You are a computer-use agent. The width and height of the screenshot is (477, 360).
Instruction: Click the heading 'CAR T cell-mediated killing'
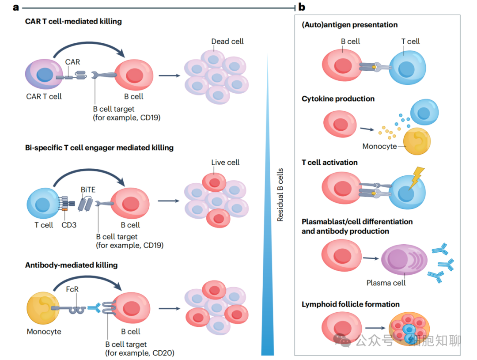tap(73, 21)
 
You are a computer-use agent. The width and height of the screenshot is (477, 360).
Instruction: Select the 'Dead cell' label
tap(227, 41)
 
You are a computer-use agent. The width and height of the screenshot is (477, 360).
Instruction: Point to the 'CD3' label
tap(69, 225)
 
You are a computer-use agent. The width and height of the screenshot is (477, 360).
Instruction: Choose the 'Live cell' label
tap(225, 163)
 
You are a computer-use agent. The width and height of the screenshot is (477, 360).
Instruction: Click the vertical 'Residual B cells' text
tap(280, 195)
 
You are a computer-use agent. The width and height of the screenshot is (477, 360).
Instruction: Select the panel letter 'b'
tap(302, 7)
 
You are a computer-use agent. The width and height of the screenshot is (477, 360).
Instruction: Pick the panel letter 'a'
tap(16, 7)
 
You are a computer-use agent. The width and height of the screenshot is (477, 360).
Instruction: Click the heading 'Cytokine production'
tap(338, 99)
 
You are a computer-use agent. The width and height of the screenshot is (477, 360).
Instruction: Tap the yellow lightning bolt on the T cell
tap(416, 176)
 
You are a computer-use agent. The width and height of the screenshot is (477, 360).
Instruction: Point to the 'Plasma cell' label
tap(386, 283)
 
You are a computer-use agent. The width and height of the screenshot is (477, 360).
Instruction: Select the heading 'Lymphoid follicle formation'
tap(351, 304)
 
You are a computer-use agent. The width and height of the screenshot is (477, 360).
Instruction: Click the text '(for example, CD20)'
tap(140, 353)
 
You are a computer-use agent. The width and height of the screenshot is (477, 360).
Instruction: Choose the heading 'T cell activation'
tap(329, 163)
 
